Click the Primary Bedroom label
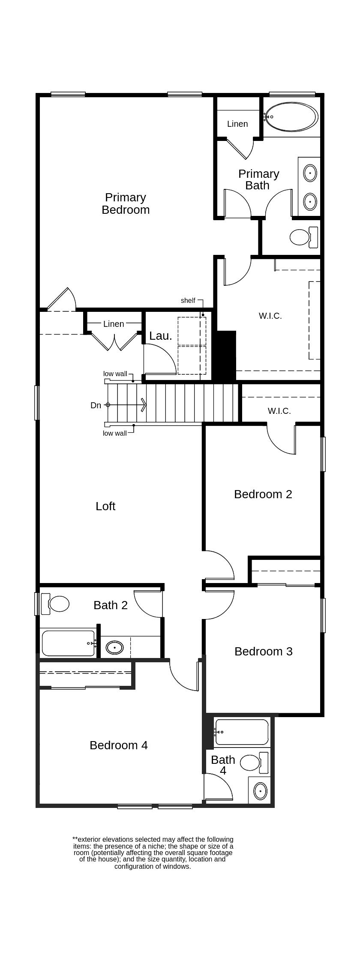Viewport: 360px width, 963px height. point(126,203)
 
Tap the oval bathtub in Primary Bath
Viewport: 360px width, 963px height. point(292,117)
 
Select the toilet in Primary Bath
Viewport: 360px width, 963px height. point(300,237)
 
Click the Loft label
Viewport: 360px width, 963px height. point(105,506)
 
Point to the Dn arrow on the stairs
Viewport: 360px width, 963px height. point(127,405)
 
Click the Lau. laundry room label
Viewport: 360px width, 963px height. point(161,336)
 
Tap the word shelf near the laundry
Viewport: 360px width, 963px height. point(188,301)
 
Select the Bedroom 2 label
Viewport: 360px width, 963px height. point(263,494)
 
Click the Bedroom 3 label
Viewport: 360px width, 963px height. point(263,652)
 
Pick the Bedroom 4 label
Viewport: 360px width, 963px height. point(119,745)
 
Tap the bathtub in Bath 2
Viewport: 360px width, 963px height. point(68,643)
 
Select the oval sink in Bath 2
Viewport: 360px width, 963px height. point(114,647)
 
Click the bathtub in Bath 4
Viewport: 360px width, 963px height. point(242,732)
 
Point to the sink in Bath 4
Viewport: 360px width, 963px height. point(260,791)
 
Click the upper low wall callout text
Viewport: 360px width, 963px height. point(115,374)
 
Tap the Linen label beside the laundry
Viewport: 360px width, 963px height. point(114,324)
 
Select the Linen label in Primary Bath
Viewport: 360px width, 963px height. point(237,124)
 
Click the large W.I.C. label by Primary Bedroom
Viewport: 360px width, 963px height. point(270,316)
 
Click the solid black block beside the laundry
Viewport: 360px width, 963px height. point(227,356)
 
